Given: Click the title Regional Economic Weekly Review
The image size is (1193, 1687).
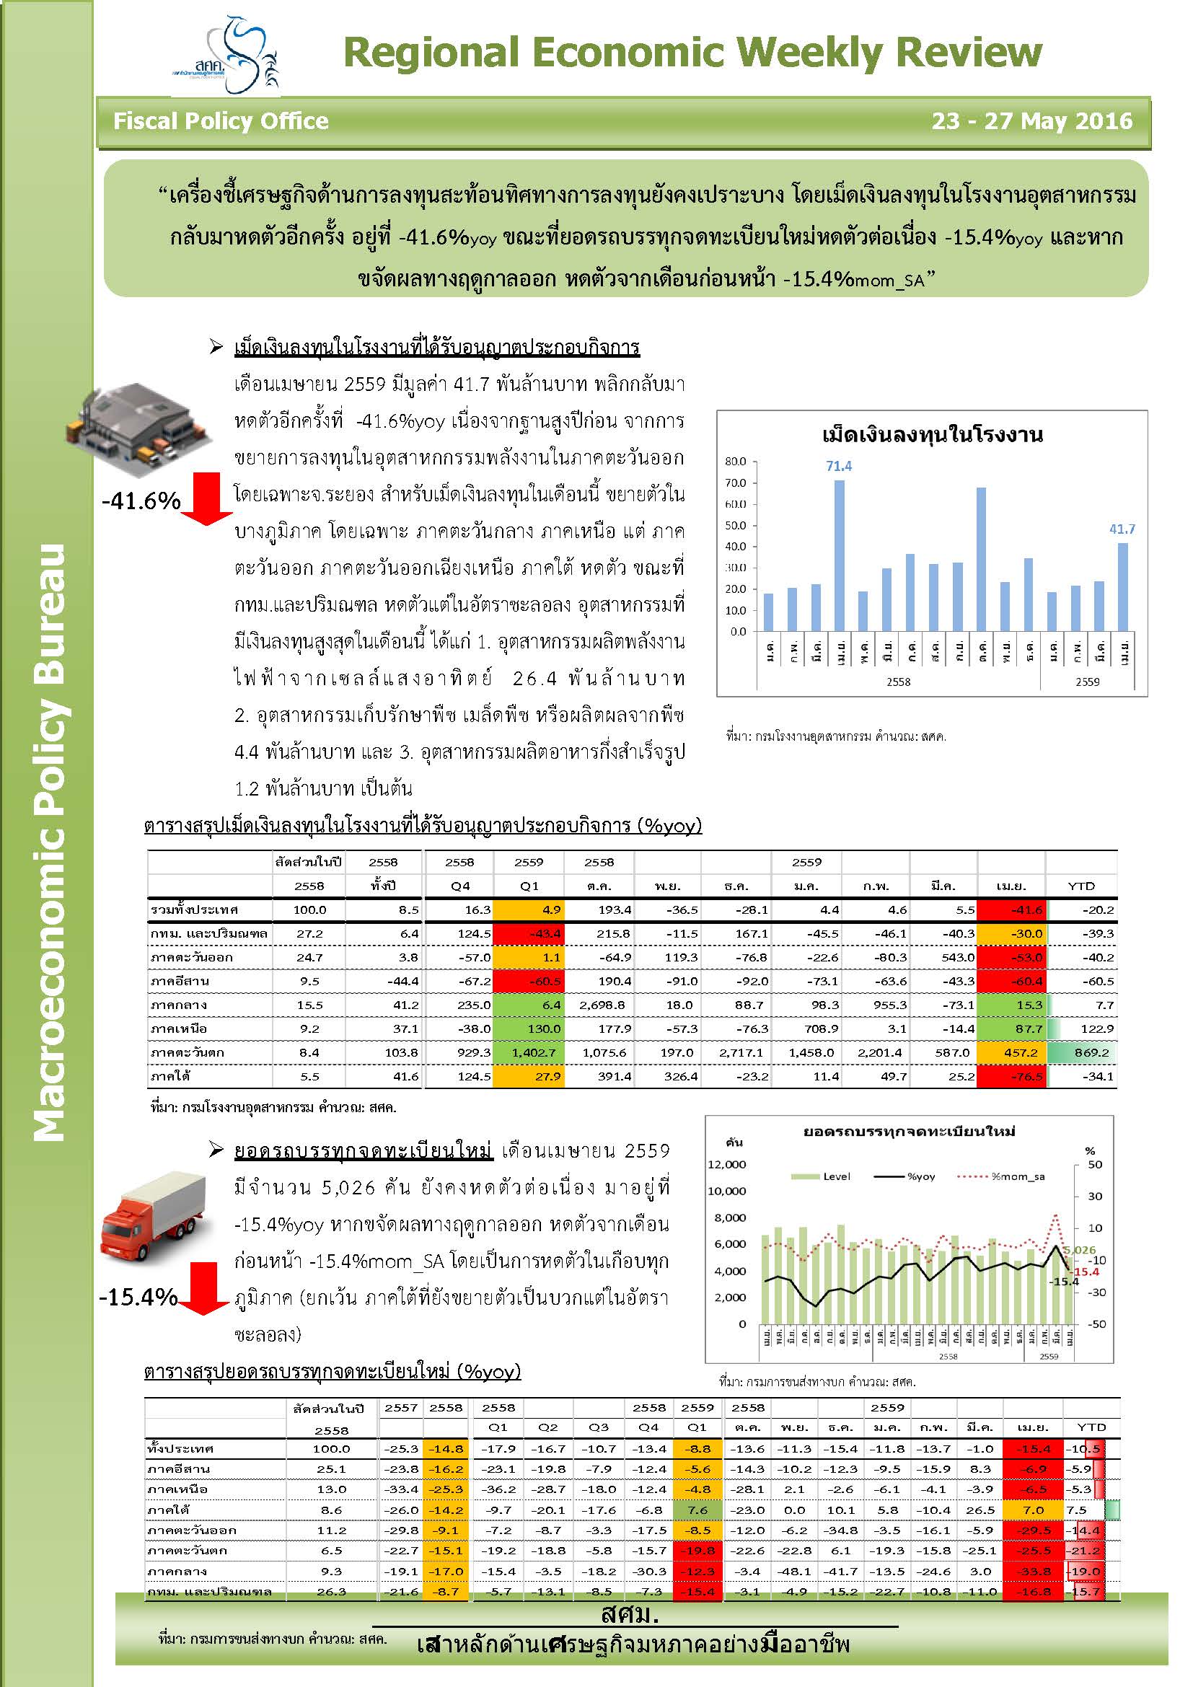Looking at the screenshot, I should coord(692,53).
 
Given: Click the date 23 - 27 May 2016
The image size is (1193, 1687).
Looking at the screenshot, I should coord(1031,121).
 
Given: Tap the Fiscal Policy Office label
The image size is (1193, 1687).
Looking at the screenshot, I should coord(221,121).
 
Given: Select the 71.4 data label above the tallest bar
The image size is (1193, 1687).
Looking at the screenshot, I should coord(838,466).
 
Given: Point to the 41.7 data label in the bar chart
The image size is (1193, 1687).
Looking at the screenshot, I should coord(1122,529).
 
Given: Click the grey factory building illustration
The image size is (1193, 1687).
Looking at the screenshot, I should coord(140,425).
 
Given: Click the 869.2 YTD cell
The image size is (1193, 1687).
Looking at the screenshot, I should coord(1091,1053).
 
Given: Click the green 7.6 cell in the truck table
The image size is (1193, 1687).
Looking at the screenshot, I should coord(697,1510).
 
